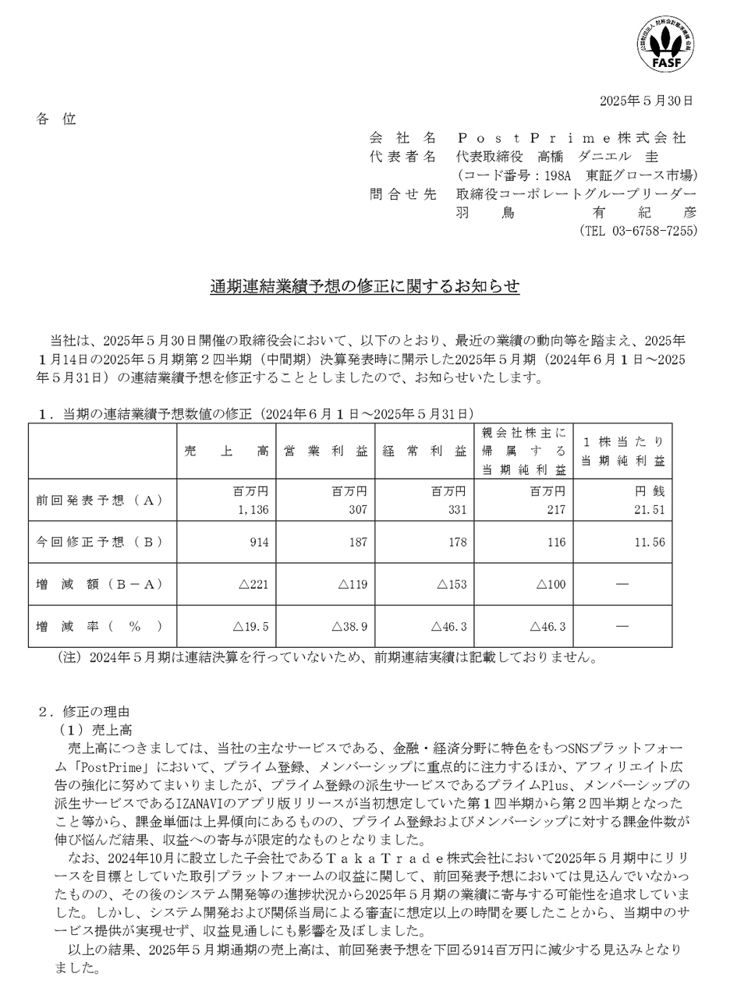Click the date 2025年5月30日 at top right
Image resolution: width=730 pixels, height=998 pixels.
click(646, 101)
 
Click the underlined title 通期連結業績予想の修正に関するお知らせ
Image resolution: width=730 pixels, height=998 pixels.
click(364, 287)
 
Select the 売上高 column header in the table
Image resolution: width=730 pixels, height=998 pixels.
click(226, 451)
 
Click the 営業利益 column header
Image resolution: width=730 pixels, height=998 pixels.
click(325, 451)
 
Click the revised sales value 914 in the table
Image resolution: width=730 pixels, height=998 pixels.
click(258, 542)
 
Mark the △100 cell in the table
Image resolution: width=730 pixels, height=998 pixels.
click(547, 584)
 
